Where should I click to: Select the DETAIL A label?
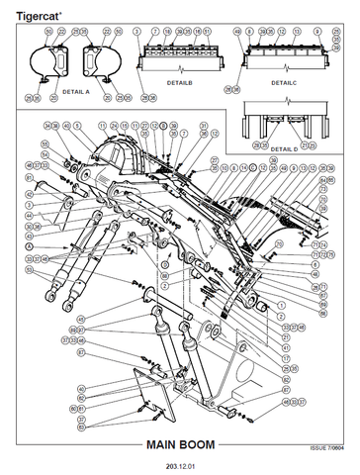(75, 90)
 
